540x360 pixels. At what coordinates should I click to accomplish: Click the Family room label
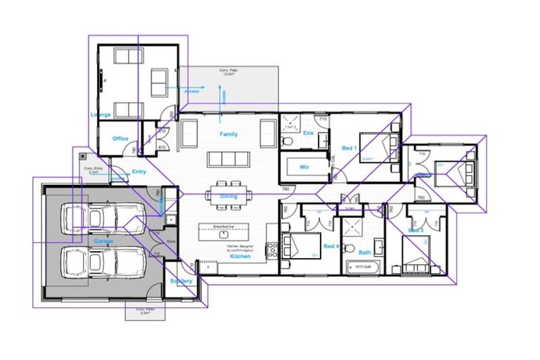coord(229,134)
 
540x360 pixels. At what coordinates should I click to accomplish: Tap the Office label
coord(120,139)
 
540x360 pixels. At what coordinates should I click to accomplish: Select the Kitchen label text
coord(240,257)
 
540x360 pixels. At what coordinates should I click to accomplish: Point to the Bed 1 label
coord(349,148)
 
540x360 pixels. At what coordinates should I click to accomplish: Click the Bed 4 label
coord(331,247)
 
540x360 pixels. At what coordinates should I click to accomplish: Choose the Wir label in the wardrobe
coord(304,167)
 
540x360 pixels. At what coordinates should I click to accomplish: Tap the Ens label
coord(307,132)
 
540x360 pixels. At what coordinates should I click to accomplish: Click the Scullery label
coord(181,281)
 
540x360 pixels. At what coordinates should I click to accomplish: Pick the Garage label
coord(103,240)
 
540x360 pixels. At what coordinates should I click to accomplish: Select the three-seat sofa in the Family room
coord(229,158)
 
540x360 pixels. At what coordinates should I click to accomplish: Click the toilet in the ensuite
coord(286,142)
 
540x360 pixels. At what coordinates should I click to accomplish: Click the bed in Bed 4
coord(300,246)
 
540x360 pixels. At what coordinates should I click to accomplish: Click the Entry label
coord(139,172)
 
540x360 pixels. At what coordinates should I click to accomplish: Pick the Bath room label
coord(364,252)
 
